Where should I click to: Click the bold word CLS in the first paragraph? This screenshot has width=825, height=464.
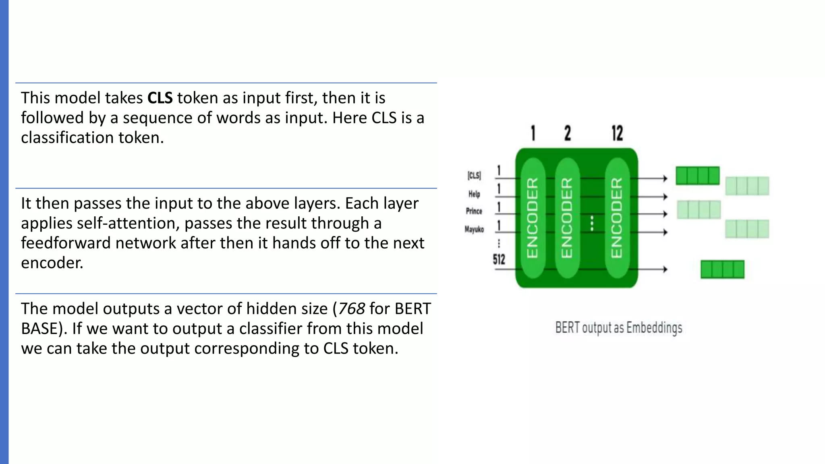point(160,98)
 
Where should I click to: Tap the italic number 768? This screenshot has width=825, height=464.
point(351,309)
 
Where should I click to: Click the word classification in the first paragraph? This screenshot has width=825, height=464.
point(67,138)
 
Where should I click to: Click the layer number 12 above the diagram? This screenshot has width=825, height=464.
point(617,133)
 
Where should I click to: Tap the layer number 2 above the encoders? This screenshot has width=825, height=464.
point(568,133)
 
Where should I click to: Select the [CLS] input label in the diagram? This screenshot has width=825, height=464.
point(474,176)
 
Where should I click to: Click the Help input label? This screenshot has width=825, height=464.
point(474,194)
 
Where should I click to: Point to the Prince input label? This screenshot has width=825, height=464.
point(474,211)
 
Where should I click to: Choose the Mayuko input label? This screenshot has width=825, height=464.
point(474,230)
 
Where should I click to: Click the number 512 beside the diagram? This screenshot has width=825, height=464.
point(499,259)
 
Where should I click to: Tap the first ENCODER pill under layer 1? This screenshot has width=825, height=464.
point(533,217)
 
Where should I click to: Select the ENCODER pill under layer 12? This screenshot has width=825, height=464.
point(617,217)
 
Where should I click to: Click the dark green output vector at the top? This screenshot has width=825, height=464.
point(697,176)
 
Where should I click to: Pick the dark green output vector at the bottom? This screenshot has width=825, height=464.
point(722,269)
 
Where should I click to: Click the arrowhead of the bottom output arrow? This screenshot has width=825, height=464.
point(665,269)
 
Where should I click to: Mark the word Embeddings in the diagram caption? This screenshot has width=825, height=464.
point(654,328)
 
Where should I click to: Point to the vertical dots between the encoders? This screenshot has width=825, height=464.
point(592,223)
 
